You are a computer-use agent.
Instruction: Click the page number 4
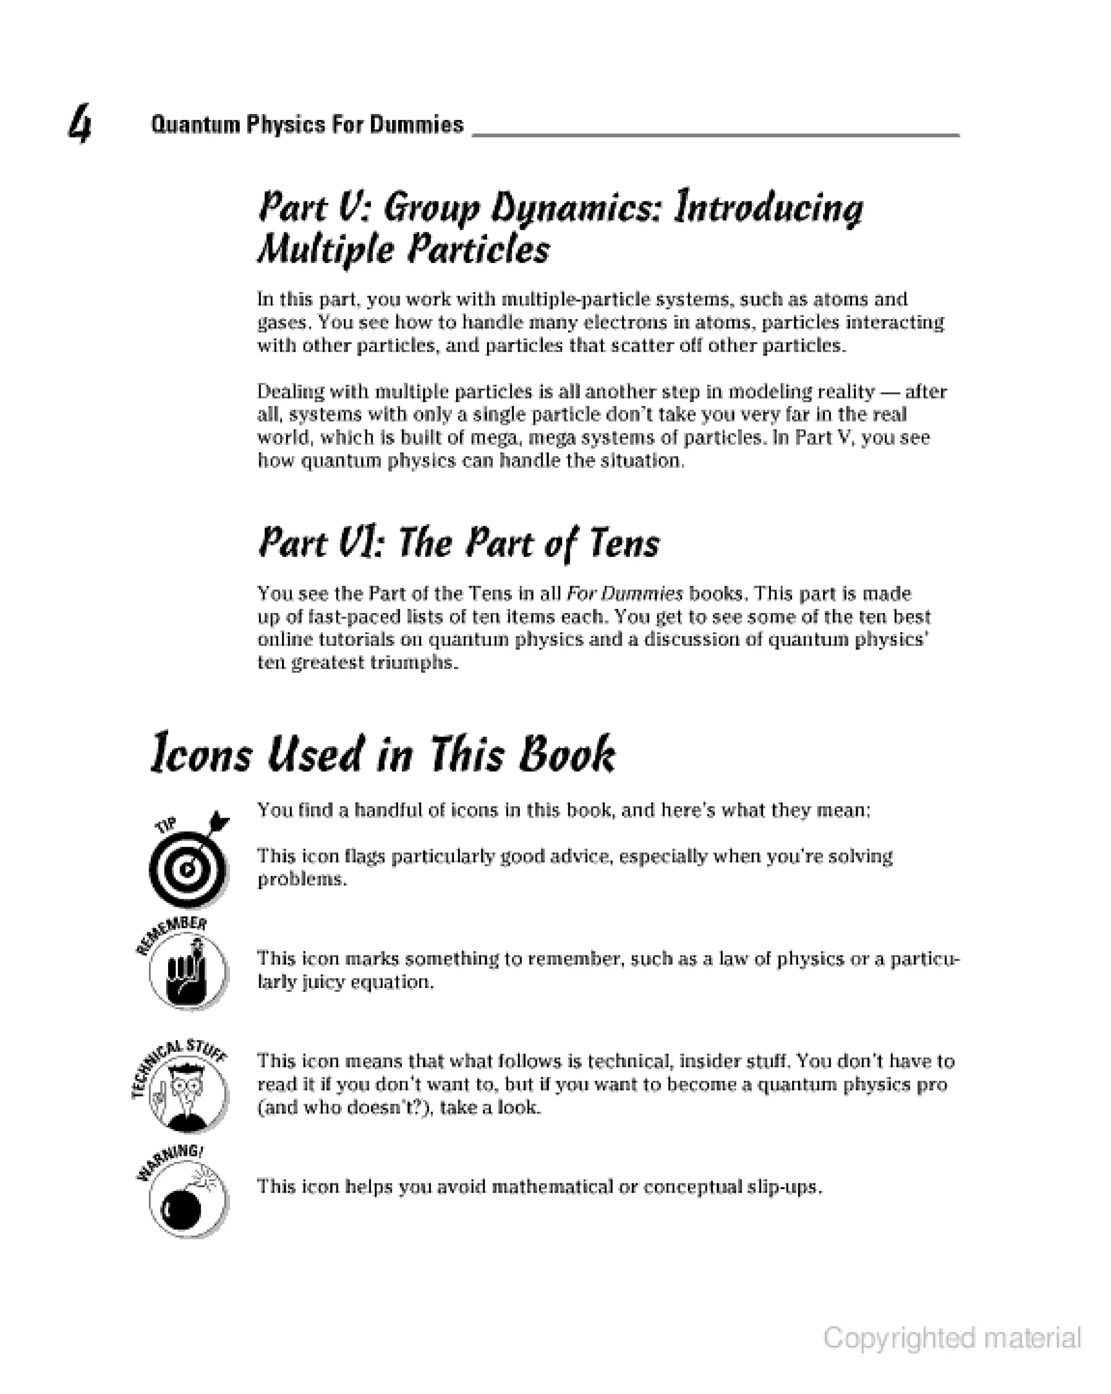(80, 124)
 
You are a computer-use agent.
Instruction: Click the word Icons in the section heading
(201, 754)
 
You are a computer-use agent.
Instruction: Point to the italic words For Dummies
(624, 593)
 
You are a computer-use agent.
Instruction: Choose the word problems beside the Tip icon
(301, 879)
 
